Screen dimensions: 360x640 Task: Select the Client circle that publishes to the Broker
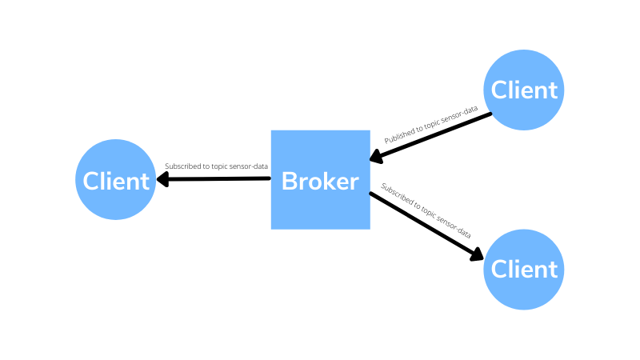[524, 90]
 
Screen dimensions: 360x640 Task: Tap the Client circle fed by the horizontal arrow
[116, 180]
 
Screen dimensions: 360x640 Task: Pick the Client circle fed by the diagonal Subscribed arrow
[524, 269]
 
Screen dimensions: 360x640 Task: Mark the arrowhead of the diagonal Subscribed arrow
[475, 254]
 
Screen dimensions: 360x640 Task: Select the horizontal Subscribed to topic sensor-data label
[216, 166]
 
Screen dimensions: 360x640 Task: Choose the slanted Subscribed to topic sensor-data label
[426, 211]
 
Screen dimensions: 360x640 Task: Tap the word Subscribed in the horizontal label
[182, 166]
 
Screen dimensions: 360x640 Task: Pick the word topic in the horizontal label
[220, 166]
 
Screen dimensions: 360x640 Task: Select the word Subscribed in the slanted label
[396, 195]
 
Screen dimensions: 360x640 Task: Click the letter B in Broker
[289, 181]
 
